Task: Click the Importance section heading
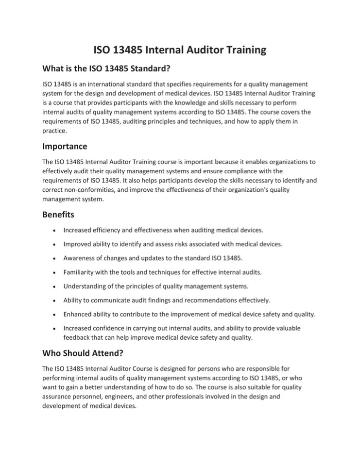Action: point(65,146)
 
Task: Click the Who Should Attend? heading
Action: point(86,353)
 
